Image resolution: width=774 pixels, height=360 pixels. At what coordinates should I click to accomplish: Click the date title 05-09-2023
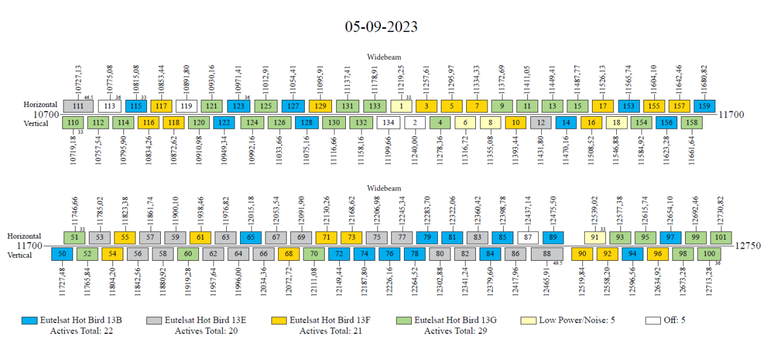pos(381,27)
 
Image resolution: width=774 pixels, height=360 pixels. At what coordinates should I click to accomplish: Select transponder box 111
pos(78,106)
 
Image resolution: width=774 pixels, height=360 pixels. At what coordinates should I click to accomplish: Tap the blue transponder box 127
pos(293,106)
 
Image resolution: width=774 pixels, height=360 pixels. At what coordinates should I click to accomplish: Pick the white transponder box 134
pos(388,123)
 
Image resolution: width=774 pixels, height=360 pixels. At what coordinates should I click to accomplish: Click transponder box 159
pos(704,106)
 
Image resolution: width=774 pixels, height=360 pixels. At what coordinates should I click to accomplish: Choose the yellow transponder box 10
pos(515,123)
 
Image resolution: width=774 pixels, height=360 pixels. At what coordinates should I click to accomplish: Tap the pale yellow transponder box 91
pos(595,237)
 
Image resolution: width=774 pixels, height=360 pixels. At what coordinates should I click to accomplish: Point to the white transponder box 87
pos(528,237)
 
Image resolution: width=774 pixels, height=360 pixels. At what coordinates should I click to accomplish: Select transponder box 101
pos(720,237)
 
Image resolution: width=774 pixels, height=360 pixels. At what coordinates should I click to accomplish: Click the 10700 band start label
pos(46,114)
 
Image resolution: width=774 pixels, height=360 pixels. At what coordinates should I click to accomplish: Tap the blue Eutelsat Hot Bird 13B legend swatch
pos(29,321)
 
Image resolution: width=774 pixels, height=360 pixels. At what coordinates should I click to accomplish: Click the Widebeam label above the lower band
pos(384,188)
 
